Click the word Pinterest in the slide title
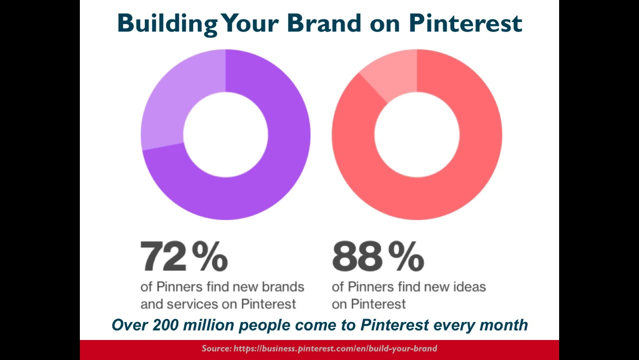click(x=465, y=23)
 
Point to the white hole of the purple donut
click(x=226, y=134)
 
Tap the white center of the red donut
click(x=417, y=134)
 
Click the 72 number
click(x=163, y=256)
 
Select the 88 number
click(x=356, y=256)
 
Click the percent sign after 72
click(x=210, y=256)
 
